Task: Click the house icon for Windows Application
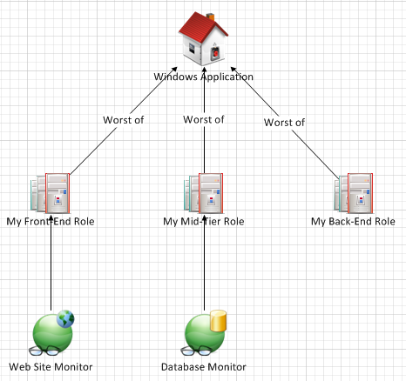203,38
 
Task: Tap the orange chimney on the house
210,17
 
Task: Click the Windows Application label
203,77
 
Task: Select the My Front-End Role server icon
51,193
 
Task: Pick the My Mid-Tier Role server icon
203,193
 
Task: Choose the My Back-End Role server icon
354,193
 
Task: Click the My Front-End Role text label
51,222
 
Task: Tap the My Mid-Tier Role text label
204,222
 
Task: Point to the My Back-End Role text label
353,222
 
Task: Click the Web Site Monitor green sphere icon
51,334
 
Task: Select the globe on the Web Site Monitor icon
65,319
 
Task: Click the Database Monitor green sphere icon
204,334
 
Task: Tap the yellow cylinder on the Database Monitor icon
218,321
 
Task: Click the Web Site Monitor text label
51,367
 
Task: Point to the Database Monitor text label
204,367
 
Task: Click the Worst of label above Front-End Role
124,120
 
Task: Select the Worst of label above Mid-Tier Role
204,119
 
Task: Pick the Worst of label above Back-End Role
284,123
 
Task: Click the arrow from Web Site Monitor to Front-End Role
51,263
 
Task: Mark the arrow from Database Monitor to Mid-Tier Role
204,263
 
